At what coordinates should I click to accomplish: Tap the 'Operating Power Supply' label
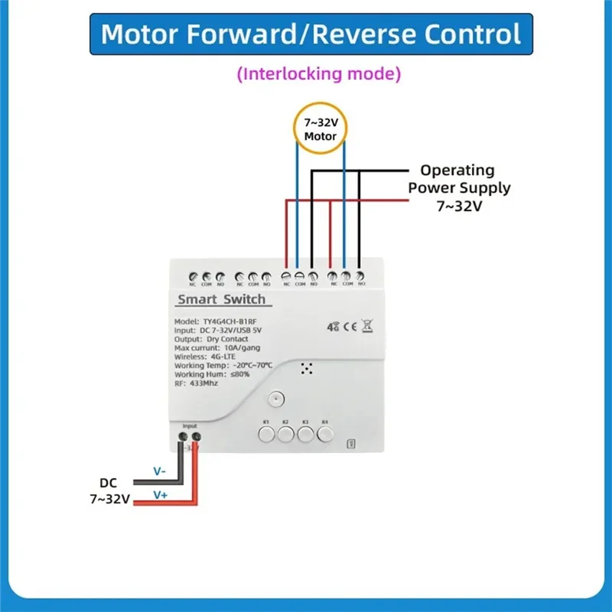(458, 179)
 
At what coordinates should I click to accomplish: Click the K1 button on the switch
(265, 435)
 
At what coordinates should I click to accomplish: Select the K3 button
(305, 435)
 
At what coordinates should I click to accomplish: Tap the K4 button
(325, 435)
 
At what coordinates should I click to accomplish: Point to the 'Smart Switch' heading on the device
(221, 299)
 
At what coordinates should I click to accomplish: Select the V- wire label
(159, 471)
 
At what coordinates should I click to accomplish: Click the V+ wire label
(160, 495)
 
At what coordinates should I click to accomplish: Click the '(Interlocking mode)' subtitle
(318, 74)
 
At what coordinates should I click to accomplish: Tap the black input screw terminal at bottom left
(184, 438)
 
